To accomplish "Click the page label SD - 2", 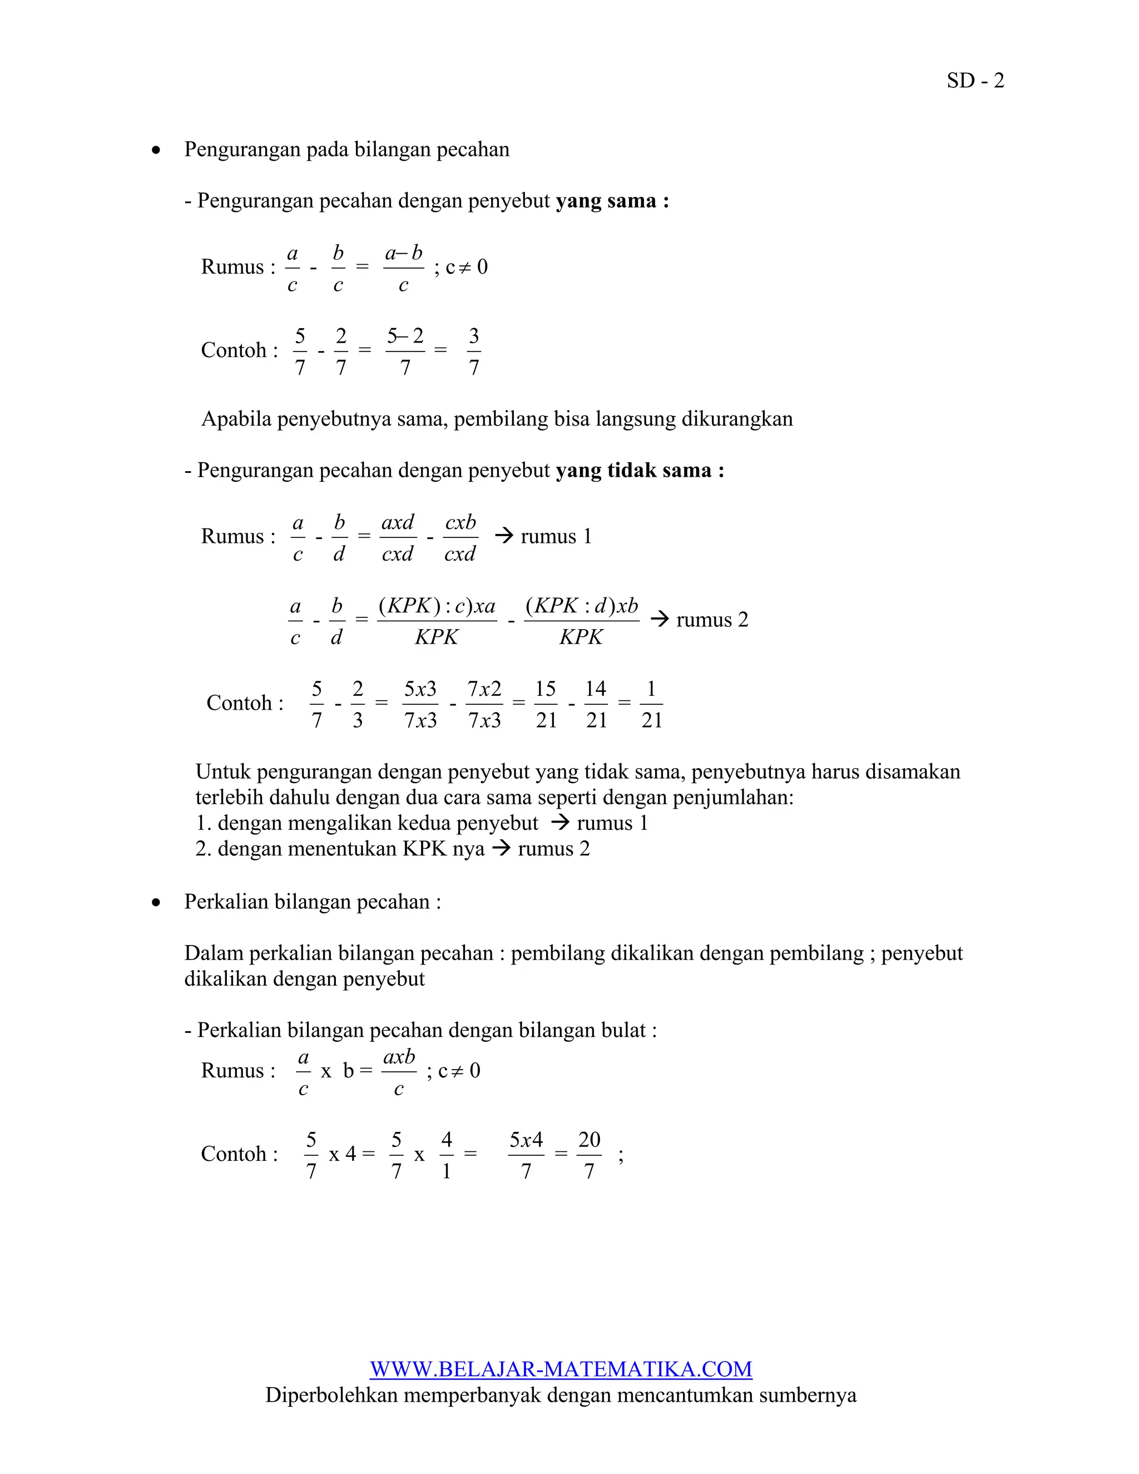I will coord(975,81).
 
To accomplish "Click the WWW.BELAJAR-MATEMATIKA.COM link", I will coord(561,1369).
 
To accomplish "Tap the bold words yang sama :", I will coord(612,201).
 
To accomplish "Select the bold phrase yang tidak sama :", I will coord(640,471).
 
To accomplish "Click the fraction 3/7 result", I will coord(474,351).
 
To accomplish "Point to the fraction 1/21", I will coord(651,704).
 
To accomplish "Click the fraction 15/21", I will coord(545,704).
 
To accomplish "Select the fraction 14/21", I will coord(596,704).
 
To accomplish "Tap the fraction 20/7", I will coord(589,1155).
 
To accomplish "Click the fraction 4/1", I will coord(446,1155).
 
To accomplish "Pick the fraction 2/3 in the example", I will coord(357,704).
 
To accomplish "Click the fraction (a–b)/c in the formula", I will coord(404,268).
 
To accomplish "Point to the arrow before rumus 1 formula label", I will coord(504,537).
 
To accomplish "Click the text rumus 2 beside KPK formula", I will coord(712,620).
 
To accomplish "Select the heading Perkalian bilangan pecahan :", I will coord(313,902).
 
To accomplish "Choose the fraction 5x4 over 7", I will coord(526,1155).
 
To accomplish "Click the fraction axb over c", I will coord(399,1072).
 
